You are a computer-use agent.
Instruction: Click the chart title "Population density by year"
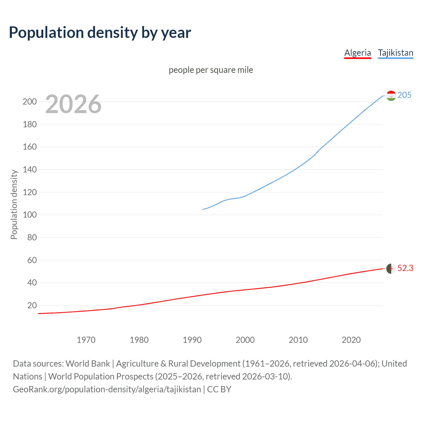click(x=100, y=33)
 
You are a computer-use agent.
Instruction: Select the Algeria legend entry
click(x=357, y=53)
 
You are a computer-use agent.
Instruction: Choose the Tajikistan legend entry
click(x=395, y=53)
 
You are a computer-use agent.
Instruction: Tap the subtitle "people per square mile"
click(x=211, y=70)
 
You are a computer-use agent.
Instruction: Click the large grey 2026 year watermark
click(x=73, y=104)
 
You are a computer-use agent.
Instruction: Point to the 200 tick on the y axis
click(x=30, y=102)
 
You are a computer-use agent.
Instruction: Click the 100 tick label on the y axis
click(x=30, y=215)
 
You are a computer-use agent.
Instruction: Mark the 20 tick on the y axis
click(x=32, y=306)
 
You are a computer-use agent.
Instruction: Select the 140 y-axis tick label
click(x=30, y=170)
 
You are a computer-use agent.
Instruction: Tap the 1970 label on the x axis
click(x=86, y=340)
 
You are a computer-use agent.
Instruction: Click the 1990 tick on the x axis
click(x=192, y=340)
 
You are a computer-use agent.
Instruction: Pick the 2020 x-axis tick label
click(x=351, y=340)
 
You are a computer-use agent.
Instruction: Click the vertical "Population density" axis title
click(x=14, y=204)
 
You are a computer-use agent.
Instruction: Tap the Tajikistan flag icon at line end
click(x=391, y=96)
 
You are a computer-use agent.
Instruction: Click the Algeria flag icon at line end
click(x=391, y=269)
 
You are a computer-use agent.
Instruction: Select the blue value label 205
click(x=404, y=95)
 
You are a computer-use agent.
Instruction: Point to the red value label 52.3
click(x=405, y=268)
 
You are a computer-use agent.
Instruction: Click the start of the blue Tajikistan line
click(x=203, y=209)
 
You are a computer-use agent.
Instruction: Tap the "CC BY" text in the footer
click(x=219, y=389)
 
